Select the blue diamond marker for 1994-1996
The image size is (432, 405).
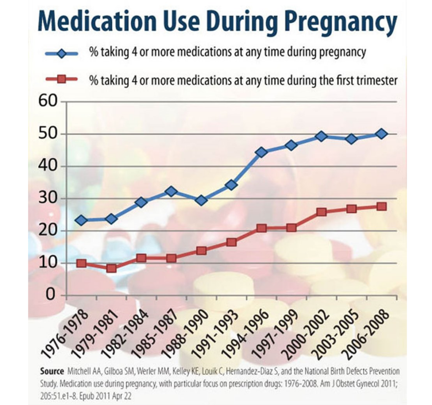pyautogui.click(x=261, y=152)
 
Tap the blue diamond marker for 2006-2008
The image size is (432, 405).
pyautogui.click(x=381, y=134)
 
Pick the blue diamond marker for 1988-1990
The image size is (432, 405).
pyautogui.click(x=201, y=200)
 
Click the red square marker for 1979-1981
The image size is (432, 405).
pyautogui.click(x=111, y=268)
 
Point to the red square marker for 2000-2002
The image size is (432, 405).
pyautogui.click(x=321, y=212)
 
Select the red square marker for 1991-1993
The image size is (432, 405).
pyautogui.click(x=231, y=242)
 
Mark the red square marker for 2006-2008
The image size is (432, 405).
pyautogui.click(x=381, y=206)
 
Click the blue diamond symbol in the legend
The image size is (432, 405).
pyautogui.click(x=62, y=54)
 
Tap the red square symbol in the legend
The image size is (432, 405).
pyautogui.click(x=62, y=79)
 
